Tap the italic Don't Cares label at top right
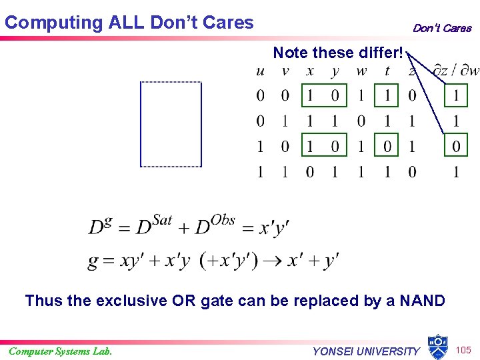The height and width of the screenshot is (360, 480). point(441,28)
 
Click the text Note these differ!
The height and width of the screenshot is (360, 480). point(338,52)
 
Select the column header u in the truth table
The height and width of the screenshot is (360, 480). point(260,71)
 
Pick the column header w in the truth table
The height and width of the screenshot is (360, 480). point(361,71)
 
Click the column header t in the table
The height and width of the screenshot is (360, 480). point(387,71)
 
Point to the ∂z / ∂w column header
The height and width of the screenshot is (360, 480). point(456,71)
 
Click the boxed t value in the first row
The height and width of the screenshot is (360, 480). point(387,96)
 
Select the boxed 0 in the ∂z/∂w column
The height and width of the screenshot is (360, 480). point(456,146)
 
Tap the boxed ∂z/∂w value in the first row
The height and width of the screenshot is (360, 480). point(456,96)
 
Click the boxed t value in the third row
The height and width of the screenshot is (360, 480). point(387,146)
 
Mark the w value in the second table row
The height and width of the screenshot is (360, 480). point(361,121)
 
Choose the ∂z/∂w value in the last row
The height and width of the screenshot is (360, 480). point(456,172)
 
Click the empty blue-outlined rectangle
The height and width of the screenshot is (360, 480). point(171,124)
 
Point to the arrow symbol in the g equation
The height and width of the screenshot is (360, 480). point(272,260)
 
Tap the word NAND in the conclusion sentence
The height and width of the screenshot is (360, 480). point(422,301)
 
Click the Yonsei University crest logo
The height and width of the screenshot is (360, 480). point(437,346)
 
